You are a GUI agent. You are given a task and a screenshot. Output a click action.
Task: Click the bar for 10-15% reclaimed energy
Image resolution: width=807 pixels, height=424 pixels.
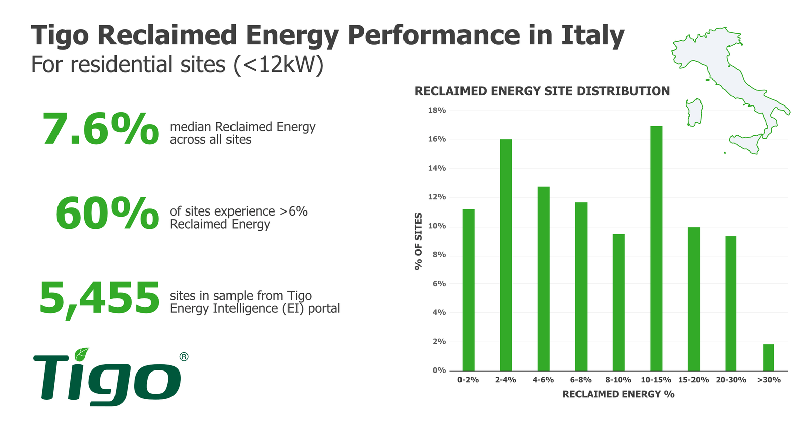(x=656, y=248)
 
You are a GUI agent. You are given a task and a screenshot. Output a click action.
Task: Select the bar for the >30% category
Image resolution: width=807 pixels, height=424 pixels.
(x=768, y=357)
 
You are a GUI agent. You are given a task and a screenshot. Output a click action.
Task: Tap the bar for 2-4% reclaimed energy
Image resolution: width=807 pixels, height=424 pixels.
(x=505, y=255)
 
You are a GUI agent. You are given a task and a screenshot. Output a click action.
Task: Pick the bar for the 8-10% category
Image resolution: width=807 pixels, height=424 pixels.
(x=618, y=302)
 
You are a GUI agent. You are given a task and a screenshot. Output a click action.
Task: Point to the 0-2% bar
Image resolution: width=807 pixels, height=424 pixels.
(x=468, y=290)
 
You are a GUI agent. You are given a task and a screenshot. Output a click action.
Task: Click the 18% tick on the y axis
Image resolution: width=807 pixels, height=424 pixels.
(x=437, y=110)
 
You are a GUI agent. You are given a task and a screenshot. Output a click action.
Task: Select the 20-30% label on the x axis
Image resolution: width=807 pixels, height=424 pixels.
(x=731, y=380)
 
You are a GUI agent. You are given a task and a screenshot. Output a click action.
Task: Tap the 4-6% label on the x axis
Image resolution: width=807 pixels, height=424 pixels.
(x=543, y=380)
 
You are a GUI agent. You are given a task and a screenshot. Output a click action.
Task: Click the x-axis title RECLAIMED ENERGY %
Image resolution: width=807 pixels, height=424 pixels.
(x=618, y=394)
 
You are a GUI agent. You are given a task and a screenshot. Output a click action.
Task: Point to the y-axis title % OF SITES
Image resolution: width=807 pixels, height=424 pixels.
(x=418, y=241)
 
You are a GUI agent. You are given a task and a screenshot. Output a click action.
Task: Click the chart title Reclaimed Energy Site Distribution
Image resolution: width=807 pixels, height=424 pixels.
(x=542, y=91)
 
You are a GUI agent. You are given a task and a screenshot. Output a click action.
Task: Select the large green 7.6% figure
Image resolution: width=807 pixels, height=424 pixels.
(x=101, y=130)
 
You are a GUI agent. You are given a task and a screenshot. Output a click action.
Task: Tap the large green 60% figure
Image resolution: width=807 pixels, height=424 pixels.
(x=107, y=214)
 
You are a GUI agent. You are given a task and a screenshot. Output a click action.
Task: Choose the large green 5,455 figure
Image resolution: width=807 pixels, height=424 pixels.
(x=100, y=298)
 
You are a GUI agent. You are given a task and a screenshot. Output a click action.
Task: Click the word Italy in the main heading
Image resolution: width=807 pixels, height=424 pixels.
(x=593, y=35)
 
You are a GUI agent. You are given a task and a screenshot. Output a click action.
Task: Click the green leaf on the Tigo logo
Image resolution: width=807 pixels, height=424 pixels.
(x=81, y=354)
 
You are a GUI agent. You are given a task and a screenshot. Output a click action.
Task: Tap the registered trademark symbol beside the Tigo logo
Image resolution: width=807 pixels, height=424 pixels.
(x=184, y=357)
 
